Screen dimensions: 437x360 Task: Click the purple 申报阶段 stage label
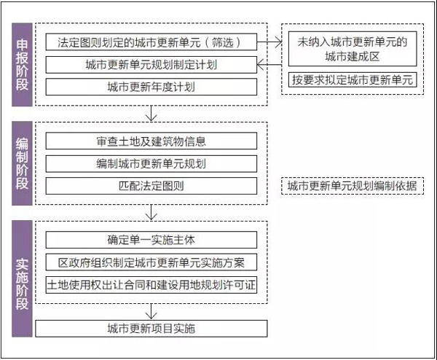click(x=22, y=65)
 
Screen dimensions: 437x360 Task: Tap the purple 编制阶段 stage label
click(x=22, y=163)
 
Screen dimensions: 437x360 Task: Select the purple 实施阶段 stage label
click(x=22, y=278)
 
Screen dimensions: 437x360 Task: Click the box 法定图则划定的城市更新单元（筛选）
click(x=151, y=42)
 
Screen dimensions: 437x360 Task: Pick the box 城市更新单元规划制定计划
click(x=151, y=65)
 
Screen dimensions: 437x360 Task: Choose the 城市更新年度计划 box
click(x=151, y=87)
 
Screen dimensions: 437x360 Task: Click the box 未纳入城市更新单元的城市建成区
click(x=353, y=49)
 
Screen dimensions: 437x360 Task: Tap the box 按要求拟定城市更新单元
click(x=353, y=79)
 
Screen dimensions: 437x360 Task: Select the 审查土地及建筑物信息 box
click(x=151, y=141)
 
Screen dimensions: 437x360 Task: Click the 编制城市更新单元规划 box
click(x=151, y=164)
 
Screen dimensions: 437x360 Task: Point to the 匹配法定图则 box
click(x=151, y=186)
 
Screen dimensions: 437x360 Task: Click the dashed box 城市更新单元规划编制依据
click(x=353, y=186)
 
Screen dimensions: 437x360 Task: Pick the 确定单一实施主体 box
click(x=151, y=240)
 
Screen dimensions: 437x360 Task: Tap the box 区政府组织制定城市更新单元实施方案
click(x=151, y=262)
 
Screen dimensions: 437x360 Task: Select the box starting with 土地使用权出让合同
click(x=151, y=285)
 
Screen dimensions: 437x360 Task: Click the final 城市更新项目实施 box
click(x=151, y=329)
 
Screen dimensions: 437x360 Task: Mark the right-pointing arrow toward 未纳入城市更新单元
click(x=269, y=42)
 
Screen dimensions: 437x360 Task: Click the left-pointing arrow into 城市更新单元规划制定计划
click(x=269, y=65)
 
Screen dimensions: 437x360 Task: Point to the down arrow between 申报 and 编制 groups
click(x=151, y=114)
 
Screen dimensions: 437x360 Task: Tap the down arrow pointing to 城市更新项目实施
click(x=151, y=311)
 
